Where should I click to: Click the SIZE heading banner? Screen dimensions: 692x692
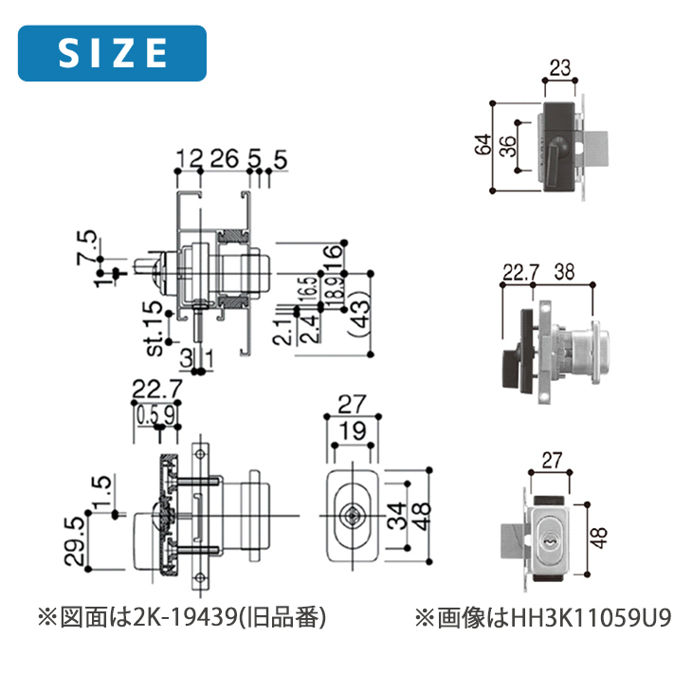click(x=113, y=53)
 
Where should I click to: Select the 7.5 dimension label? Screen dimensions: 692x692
click(x=87, y=246)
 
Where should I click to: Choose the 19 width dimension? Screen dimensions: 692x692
click(x=352, y=432)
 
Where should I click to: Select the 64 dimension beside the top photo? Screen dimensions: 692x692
click(x=483, y=146)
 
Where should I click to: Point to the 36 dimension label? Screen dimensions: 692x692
click(x=506, y=146)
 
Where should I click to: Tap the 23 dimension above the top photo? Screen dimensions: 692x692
click(x=559, y=68)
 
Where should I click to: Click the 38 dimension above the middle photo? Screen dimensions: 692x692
click(x=565, y=271)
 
